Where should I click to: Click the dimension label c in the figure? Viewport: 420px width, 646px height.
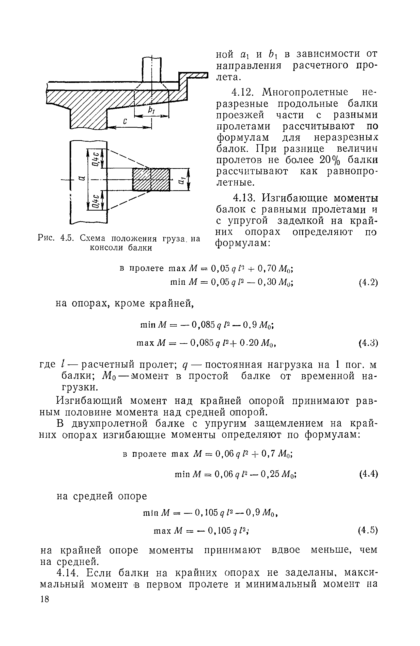click(125, 122)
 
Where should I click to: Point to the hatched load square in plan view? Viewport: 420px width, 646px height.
click(151, 179)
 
